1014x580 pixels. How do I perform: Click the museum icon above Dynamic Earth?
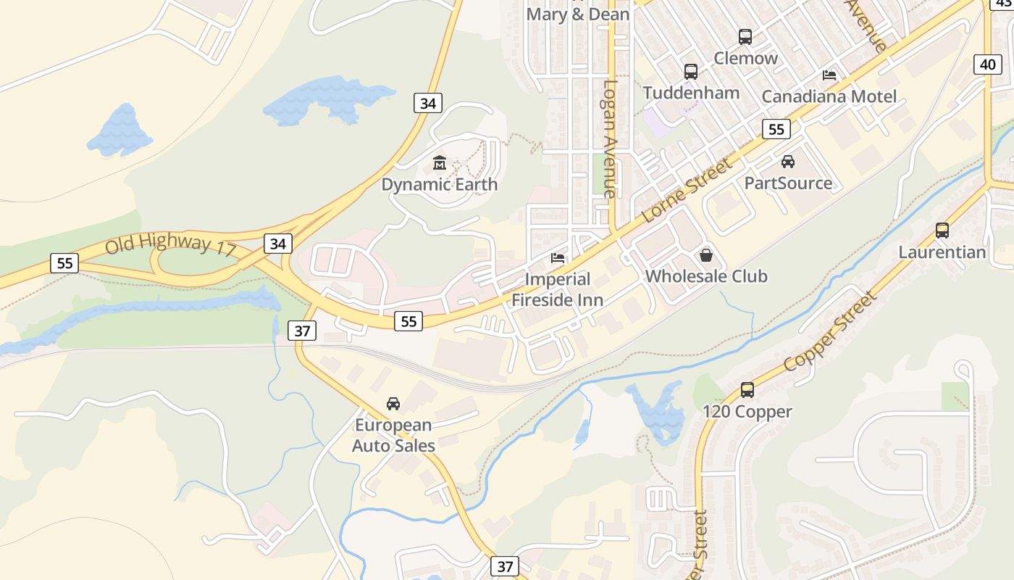(440, 162)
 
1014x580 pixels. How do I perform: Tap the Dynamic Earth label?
(440, 184)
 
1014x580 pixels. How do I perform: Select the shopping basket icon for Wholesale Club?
(706, 255)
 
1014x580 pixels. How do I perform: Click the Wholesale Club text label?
(706, 276)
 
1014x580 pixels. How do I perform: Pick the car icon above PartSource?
(788, 162)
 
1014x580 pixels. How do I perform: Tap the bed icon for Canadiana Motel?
(829, 75)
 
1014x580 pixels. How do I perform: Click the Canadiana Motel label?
(829, 96)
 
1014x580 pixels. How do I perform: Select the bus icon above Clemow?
(745, 37)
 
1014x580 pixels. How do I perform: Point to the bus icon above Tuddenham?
(691, 72)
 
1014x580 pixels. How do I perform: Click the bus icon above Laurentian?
(942, 231)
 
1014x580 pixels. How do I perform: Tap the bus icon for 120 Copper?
(747, 390)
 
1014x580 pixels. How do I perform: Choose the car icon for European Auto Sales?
(393, 404)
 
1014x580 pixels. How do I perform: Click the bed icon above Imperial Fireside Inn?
(558, 257)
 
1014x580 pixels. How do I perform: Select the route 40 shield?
(988, 65)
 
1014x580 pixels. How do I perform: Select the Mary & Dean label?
(577, 14)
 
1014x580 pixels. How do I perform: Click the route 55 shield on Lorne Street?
(776, 130)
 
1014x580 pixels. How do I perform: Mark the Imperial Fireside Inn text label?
(558, 289)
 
